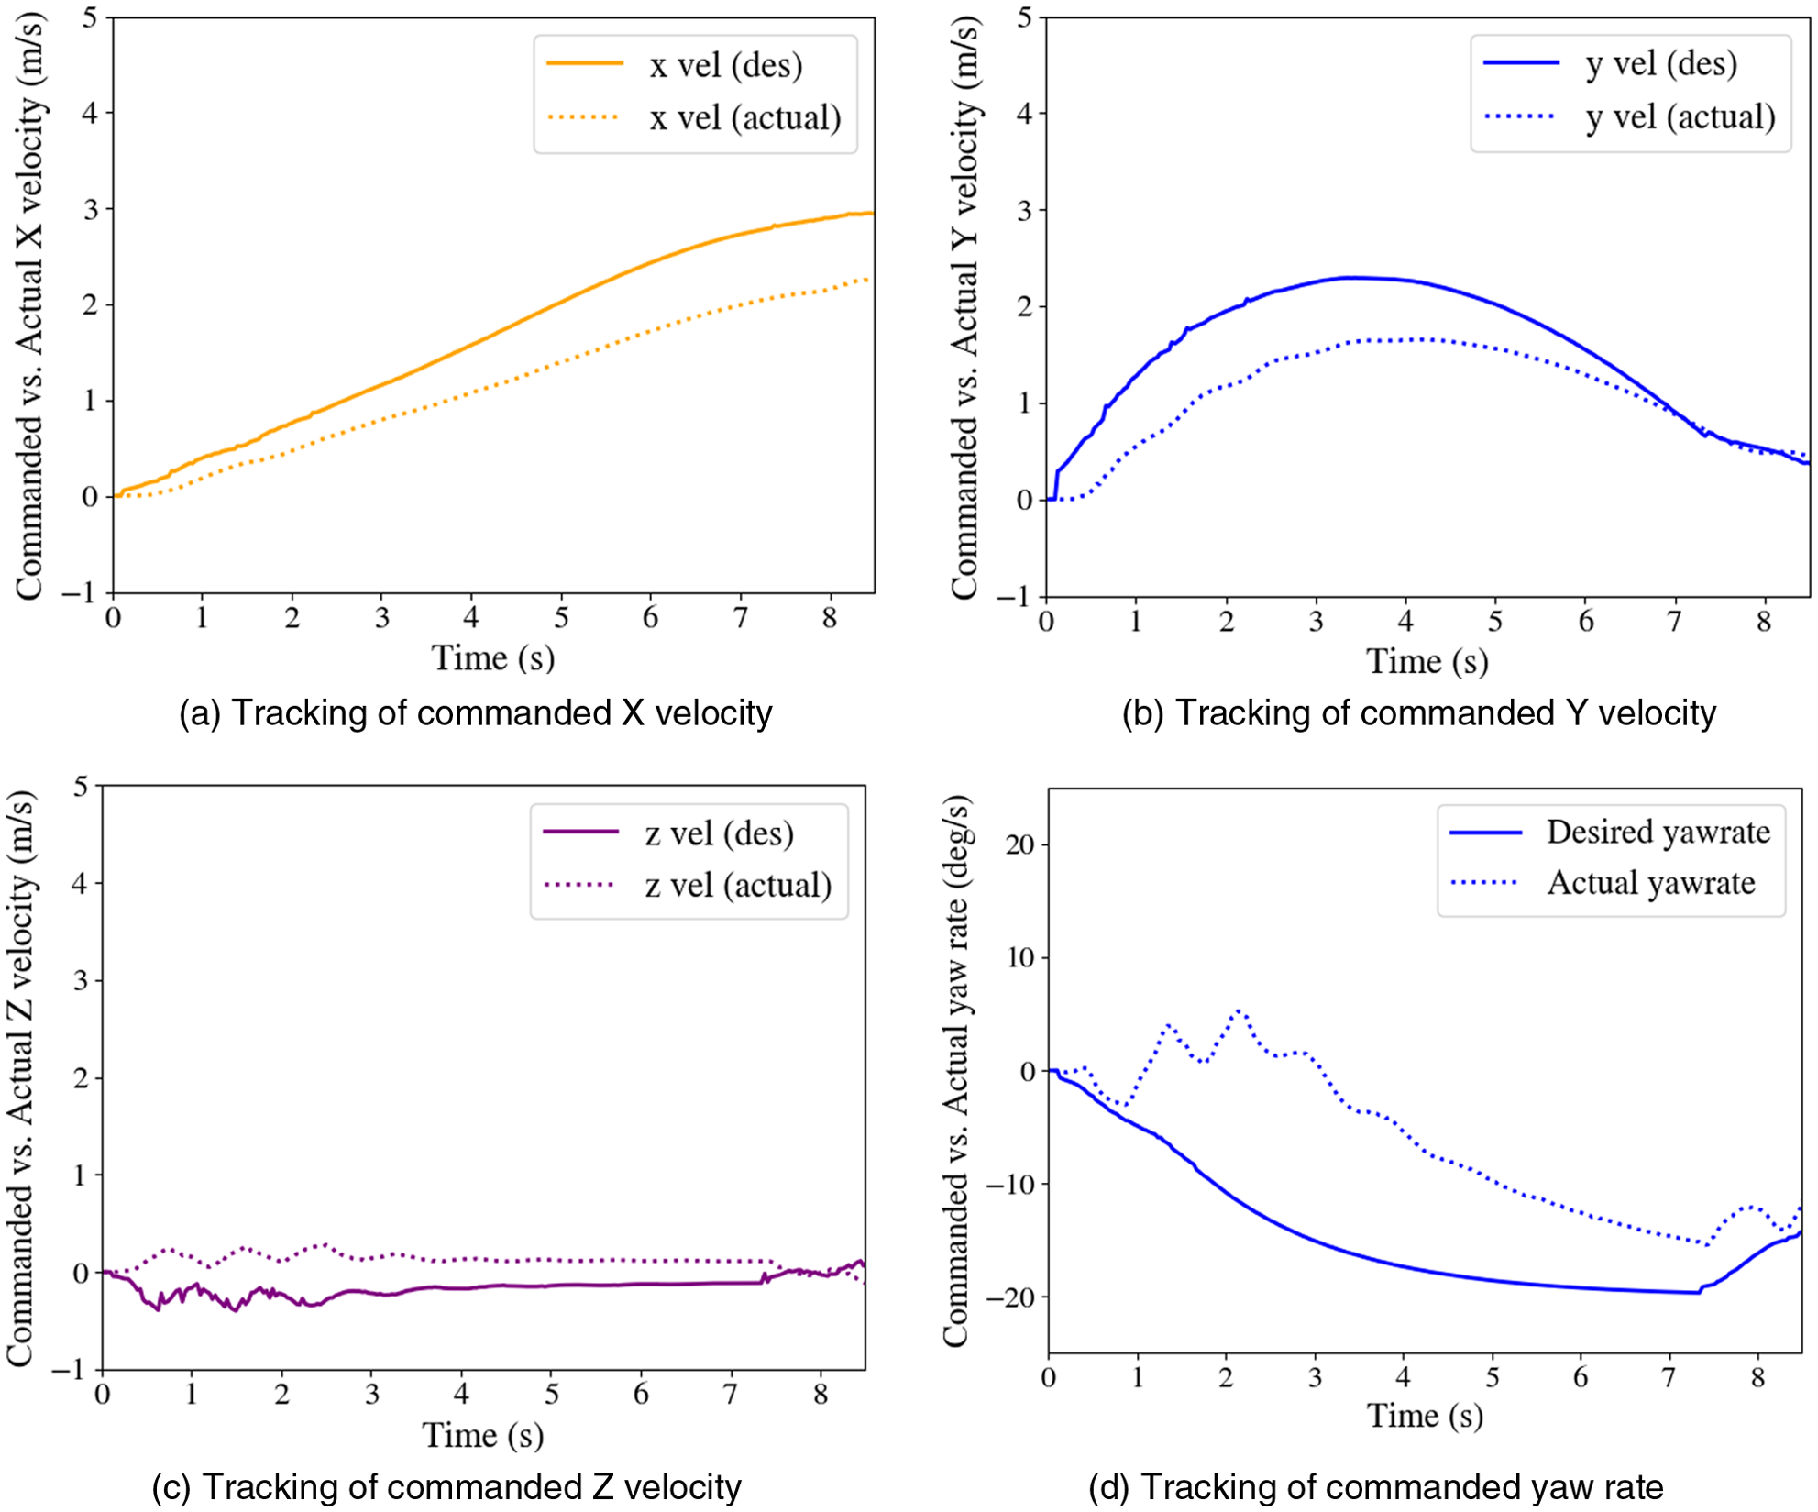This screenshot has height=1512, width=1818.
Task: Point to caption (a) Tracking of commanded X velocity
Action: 475,713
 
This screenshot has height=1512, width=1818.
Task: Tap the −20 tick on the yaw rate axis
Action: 1009,1297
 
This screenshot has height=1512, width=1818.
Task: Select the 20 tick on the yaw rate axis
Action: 1019,844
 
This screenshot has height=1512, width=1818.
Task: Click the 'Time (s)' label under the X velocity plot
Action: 493,658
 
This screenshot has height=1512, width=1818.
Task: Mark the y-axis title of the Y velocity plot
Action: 964,307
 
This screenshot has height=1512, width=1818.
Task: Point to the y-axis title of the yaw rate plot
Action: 956,1071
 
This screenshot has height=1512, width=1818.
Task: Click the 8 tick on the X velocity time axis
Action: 829,618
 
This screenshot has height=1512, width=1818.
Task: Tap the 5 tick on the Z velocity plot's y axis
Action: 82,787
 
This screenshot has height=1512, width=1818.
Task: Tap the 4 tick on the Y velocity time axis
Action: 1405,622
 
